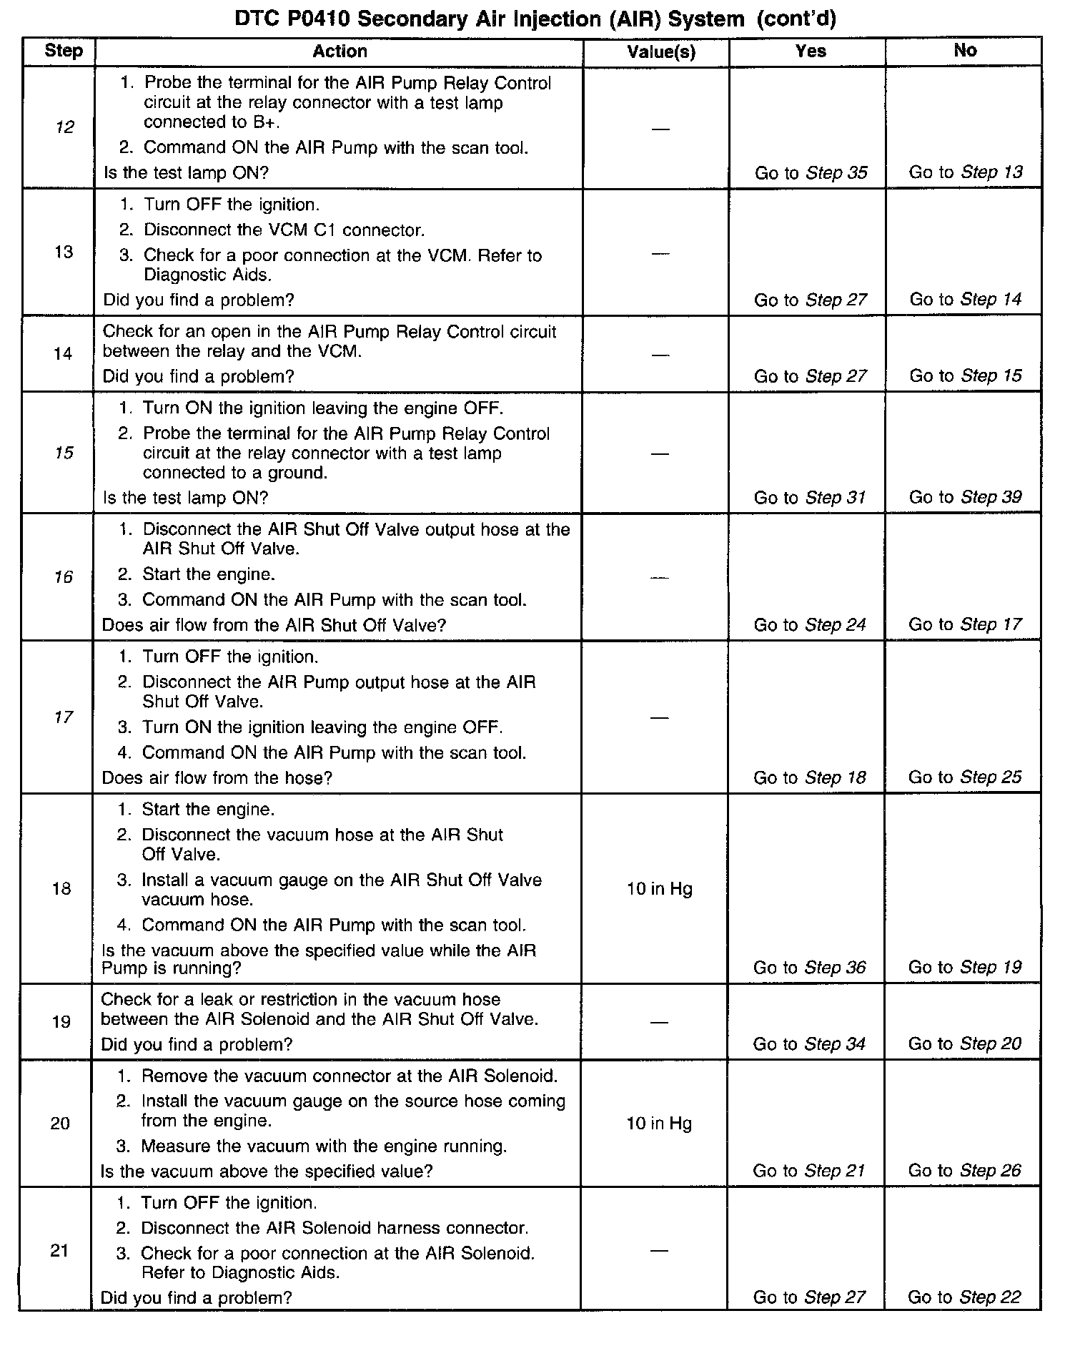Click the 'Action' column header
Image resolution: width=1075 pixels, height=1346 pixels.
340,51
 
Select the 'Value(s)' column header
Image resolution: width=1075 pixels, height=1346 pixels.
661,51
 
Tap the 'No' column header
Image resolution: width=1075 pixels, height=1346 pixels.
964,50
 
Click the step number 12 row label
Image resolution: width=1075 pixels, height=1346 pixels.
64,128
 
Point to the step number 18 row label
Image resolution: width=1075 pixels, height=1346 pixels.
61,889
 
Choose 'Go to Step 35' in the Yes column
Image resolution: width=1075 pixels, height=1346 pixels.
811,173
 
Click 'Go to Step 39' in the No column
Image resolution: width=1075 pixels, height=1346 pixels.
965,497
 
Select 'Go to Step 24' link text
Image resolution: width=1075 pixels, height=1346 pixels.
809,625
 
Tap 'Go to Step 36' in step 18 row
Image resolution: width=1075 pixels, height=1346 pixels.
809,968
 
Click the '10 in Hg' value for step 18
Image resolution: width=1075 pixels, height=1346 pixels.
659,889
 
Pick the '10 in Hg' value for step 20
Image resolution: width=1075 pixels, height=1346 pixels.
659,1124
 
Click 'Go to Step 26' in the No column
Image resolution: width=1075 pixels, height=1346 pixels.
964,1171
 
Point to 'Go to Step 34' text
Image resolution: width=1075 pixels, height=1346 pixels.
809,1044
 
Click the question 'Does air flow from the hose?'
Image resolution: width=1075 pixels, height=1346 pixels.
217,778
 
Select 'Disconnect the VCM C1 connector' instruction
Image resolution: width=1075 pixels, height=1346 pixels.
283,230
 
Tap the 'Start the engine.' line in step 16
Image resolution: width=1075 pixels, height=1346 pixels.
208,574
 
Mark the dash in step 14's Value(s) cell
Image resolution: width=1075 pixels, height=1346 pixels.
660,355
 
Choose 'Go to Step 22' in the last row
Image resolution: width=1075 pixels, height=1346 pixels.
964,1297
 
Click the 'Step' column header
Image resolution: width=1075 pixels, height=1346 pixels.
64,51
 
